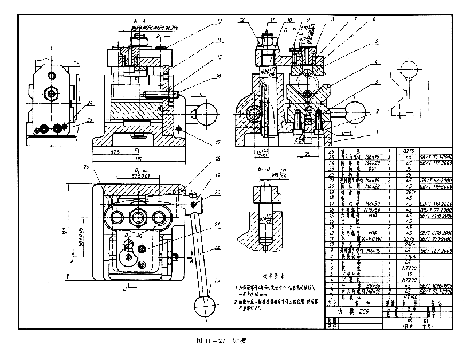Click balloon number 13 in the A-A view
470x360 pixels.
[218, 21]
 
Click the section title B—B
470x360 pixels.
[264, 169]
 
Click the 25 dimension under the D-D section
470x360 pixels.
[308, 155]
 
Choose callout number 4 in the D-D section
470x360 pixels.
[376, 62]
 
